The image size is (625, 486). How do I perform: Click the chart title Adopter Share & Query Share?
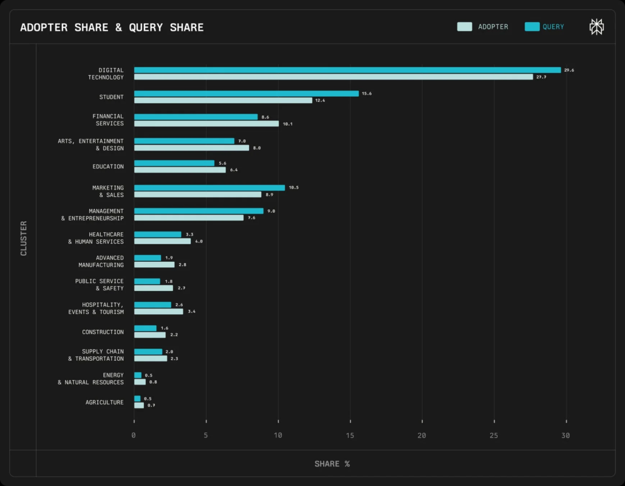tap(112, 27)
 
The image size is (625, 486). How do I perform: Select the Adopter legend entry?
tap(483, 27)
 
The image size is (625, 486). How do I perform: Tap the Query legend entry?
tap(545, 27)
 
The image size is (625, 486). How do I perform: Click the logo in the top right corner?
tap(596, 27)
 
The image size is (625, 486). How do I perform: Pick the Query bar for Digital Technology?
tap(347, 70)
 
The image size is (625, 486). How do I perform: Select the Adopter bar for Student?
tap(223, 100)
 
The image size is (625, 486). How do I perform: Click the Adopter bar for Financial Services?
tap(206, 123)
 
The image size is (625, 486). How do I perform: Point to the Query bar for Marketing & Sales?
tap(209, 188)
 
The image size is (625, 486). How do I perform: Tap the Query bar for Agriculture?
tap(137, 399)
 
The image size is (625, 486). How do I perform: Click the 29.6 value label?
tap(569, 70)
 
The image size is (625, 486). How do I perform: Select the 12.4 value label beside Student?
tap(319, 100)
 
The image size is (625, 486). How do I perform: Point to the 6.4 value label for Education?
tap(233, 170)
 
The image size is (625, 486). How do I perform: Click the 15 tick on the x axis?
tap(350, 436)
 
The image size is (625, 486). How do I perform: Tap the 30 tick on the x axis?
tap(565, 436)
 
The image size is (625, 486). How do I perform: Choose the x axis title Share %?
tap(332, 464)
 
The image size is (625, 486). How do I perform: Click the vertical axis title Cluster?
tap(24, 238)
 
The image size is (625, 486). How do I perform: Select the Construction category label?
tap(103, 332)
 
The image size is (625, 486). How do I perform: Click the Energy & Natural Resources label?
tap(91, 378)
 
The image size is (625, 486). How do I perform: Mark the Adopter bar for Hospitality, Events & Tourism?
tap(159, 312)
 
